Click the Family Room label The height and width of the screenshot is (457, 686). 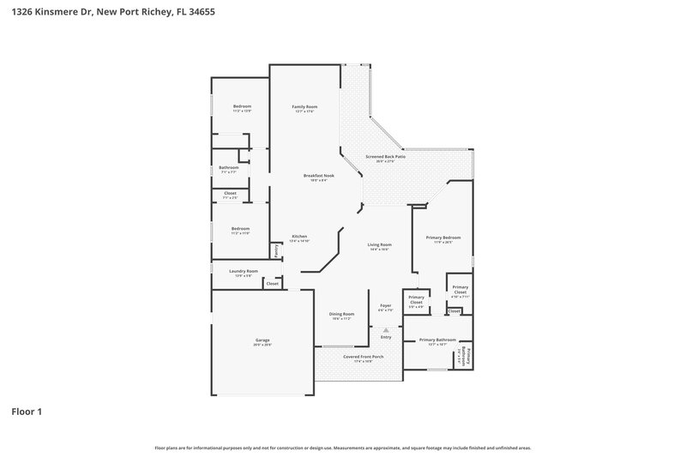tap(305, 106)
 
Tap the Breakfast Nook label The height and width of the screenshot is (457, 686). tap(318, 176)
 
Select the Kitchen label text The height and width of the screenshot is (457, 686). tap(299, 237)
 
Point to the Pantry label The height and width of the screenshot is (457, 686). tap(275, 250)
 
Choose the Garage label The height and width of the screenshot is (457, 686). tap(262, 340)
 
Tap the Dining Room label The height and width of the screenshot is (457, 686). tap(342, 314)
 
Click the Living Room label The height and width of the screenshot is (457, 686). tap(379, 245)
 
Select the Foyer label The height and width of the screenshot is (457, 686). tap(386, 305)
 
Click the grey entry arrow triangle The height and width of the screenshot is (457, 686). tap(386, 329)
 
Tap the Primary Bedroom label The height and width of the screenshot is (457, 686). tap(443, 238)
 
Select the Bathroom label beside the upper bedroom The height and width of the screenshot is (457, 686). tap(229, 167)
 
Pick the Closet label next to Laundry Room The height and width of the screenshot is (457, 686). tap(273, 283)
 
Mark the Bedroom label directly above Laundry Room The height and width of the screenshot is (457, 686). tap(240, 228)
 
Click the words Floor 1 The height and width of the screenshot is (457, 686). tap(27, 412)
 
